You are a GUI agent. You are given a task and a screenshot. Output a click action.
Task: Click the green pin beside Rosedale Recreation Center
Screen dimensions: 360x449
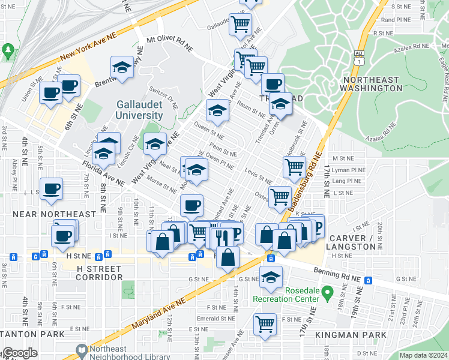(x=327, y=294)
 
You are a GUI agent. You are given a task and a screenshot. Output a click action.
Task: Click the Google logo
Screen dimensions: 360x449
(x=20, y=353)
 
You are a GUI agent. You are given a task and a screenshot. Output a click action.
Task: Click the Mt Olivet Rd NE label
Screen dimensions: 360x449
(x=170, y=43)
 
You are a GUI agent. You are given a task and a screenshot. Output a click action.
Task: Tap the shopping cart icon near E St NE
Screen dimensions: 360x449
(x=265, y=323)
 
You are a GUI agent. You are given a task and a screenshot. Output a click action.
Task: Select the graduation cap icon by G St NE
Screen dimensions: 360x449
(x=271, y=276)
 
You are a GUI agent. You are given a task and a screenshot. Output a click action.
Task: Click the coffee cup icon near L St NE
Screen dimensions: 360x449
(x=50, y=188)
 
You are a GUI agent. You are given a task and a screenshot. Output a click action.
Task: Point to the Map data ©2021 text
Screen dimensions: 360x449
(x=423, y=355)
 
